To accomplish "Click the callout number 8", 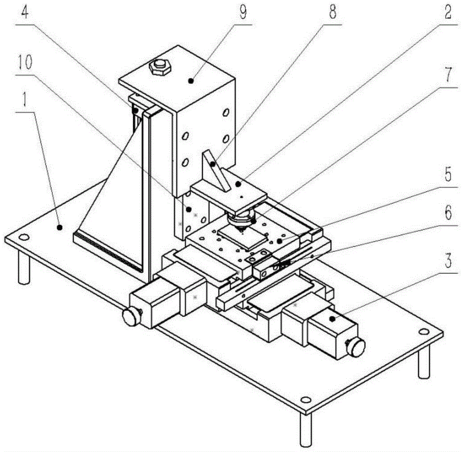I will [x=333, y=13].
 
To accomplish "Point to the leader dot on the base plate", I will [x=59, y=227].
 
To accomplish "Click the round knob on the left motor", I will [x=130, y=316].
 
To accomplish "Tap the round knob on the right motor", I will [x=357, y=346].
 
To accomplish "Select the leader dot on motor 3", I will [x=333, y=319].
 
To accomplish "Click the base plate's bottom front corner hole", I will [x=304, y=400].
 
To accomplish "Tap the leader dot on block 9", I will [x=191, y=81].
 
